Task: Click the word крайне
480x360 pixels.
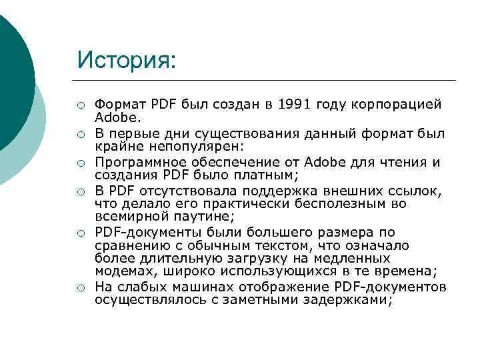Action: point(117,146)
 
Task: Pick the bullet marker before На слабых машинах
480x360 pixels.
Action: point(80,288)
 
